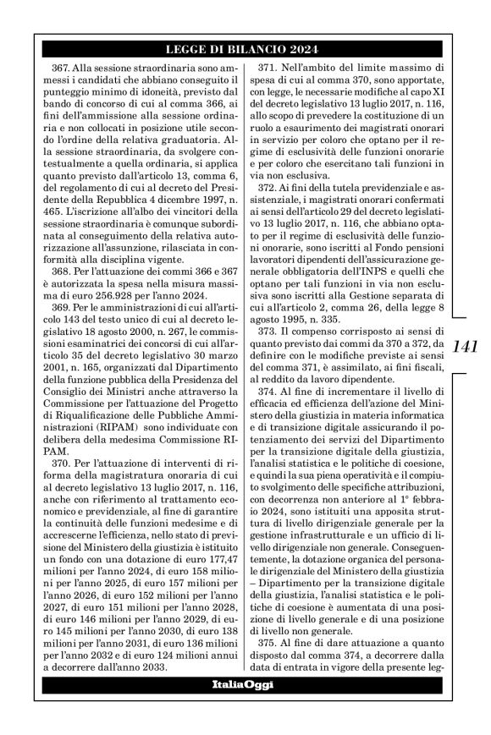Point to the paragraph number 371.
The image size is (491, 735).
[272, 66]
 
